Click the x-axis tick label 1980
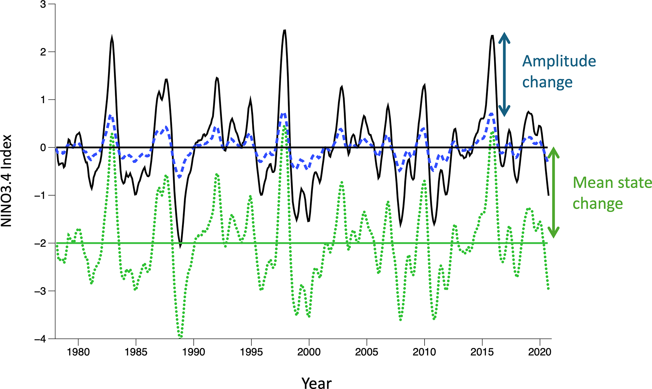tap(78, 352)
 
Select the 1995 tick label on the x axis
tap(251, 352)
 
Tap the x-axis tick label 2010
tap(424, 352)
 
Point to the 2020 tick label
tap(540, 352)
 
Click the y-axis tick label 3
tap(43, 4)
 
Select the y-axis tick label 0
tap(43, 148)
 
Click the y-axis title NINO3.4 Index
tap(6, 180)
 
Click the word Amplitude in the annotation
tap(559, 61)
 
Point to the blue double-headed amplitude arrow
tap(504, 74)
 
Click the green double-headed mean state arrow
tap(553, 192)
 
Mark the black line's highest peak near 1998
tap(285, 30)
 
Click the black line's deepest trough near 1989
tap(180, 247)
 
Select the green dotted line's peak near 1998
tap(284, 127)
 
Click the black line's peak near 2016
tap(492, 36)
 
